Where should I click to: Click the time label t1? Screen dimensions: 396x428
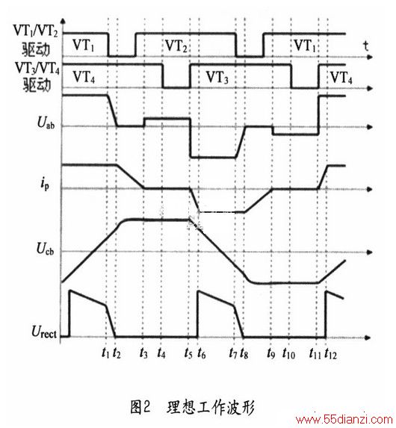coord(105,353)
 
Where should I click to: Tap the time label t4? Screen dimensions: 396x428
coord(161,353)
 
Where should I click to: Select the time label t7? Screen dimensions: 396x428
coord(233,353)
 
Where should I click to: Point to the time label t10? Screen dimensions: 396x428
coord(289,353)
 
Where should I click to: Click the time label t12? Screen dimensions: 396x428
coord(331,353)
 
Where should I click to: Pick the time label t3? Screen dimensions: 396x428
coord(143,353)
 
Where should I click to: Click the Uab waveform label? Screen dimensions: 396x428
coord(46,122)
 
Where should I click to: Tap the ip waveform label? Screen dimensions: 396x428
coord(45,184)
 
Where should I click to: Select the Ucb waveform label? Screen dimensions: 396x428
coord(46,249)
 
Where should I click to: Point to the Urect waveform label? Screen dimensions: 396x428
coord(44,332)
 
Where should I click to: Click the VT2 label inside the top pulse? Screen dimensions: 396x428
coord(176,46)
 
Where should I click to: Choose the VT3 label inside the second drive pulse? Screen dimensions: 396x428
coord(217,77)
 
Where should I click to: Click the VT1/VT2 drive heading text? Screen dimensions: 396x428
coord(36,40)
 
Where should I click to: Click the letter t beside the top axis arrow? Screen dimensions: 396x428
coord(365,46)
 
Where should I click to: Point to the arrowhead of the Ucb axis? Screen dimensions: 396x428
coord(369,252)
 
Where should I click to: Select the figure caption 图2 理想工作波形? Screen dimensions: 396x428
coord(192,408)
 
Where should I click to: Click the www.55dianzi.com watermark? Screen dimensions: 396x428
coord(344,420)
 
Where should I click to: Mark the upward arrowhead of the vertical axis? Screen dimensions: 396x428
coord(63,21)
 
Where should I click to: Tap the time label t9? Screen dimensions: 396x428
coord(271,353)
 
